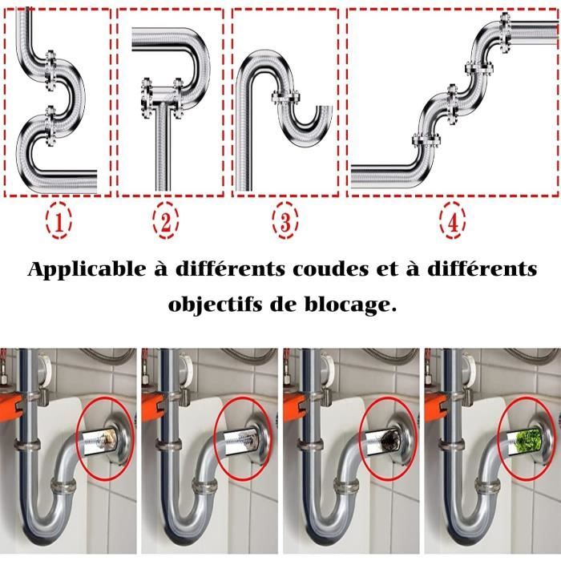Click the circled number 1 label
tap(58, 223)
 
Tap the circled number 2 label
tap(166, 223)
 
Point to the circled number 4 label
tap(454, 223)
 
